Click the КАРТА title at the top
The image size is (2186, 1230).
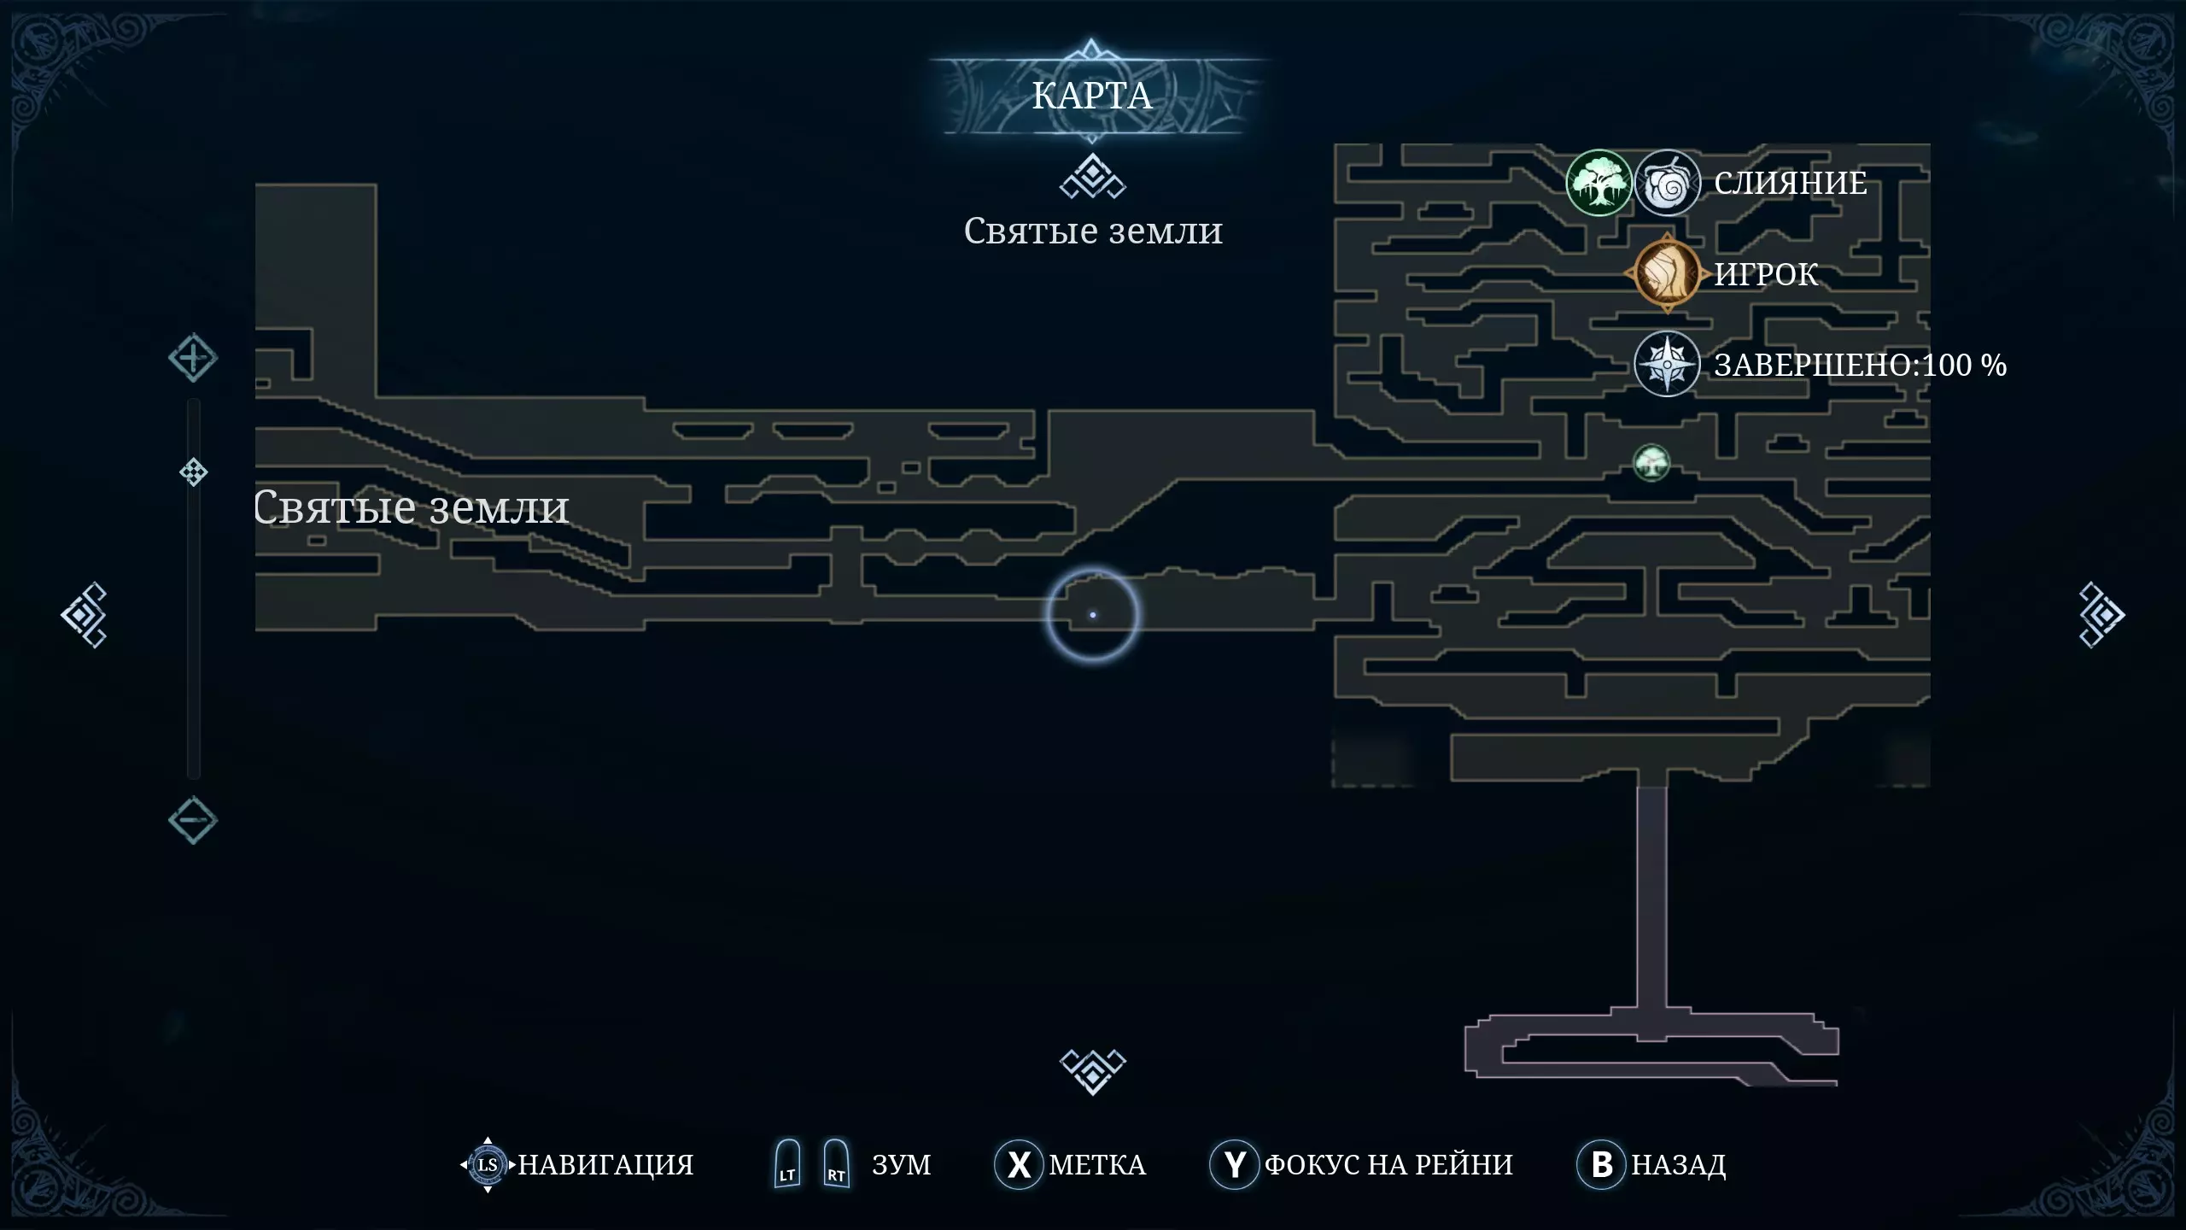1092,96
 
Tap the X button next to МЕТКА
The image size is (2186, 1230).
1018,1164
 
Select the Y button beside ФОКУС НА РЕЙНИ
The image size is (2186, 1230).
1234,1164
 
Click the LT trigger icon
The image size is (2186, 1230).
787,1164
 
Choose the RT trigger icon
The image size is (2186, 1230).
836,1164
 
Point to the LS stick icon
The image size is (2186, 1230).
488,1164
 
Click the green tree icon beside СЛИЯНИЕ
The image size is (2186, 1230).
1599,183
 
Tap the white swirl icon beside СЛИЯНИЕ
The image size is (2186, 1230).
1666,183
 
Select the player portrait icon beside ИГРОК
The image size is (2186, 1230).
1665,273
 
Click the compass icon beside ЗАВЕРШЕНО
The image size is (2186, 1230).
1666,365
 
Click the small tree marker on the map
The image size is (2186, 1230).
1651,463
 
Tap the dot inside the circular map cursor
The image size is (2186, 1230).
1093,615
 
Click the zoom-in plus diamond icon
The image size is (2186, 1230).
193,358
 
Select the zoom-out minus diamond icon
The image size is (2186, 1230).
193,821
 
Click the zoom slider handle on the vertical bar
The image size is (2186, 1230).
194,472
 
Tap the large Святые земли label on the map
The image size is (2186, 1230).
412,507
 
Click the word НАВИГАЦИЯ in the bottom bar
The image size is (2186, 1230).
605,1165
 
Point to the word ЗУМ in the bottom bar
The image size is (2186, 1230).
901,1165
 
